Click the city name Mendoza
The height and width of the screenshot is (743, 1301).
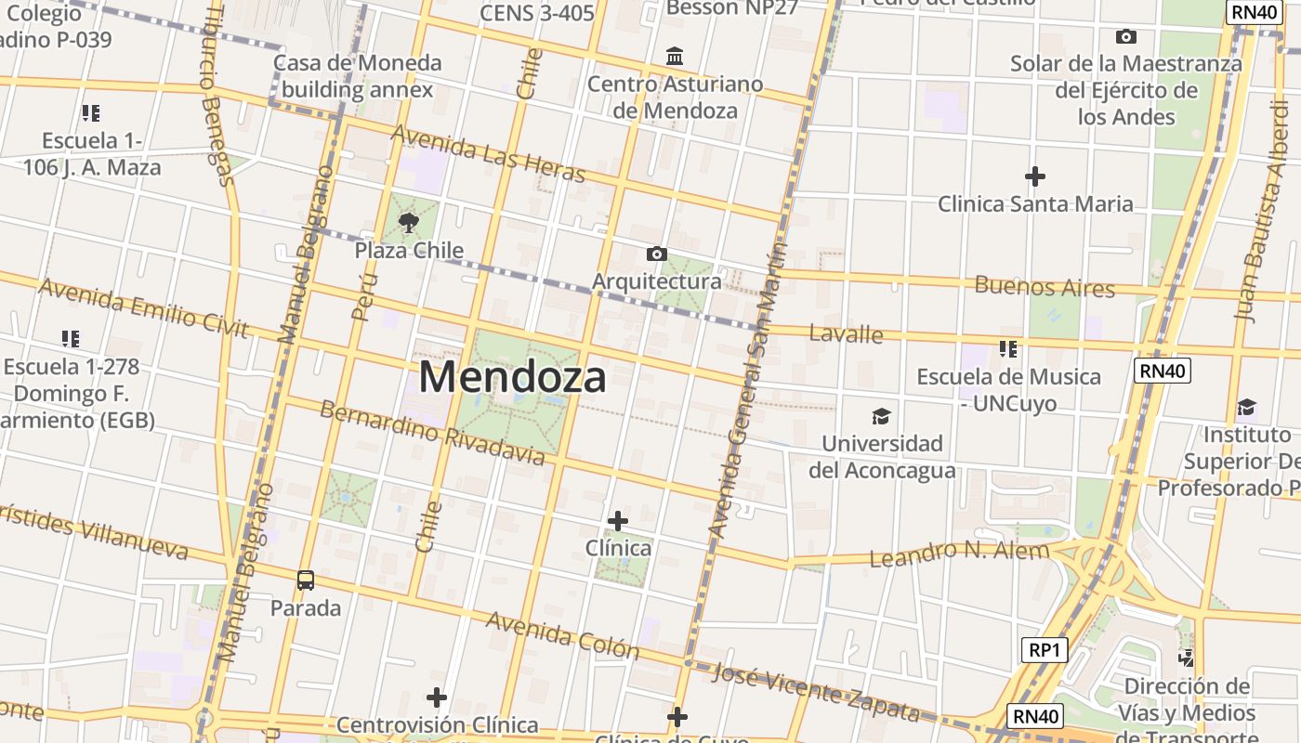point(513,377)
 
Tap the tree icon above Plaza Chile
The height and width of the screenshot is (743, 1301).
point(408,222)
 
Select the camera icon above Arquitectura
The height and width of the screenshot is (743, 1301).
point(656,254)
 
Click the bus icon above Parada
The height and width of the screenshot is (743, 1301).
point(305,580)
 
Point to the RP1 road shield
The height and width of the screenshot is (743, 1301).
point(1044,650)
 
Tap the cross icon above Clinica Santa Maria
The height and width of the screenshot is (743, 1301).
point(1034,176)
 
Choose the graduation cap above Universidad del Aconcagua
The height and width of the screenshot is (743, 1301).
point(881,416)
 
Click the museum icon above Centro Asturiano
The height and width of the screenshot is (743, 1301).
point(675,57)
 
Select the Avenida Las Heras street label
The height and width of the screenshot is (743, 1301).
point(488,153)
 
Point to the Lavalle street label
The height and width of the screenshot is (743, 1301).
point(846,333)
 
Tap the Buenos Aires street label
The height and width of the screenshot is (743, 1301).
point(1044,286)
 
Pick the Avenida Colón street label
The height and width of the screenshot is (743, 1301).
point(562,634)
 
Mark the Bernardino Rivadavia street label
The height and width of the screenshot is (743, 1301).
point(432,432)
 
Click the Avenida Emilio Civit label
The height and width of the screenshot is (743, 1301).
point(144,307)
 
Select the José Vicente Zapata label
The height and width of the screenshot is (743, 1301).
point(814,693)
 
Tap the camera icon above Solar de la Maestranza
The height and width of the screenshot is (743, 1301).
point(1125,37)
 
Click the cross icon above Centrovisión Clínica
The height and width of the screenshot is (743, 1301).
point(436,697)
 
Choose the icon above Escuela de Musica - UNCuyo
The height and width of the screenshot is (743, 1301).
point(1007,349)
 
